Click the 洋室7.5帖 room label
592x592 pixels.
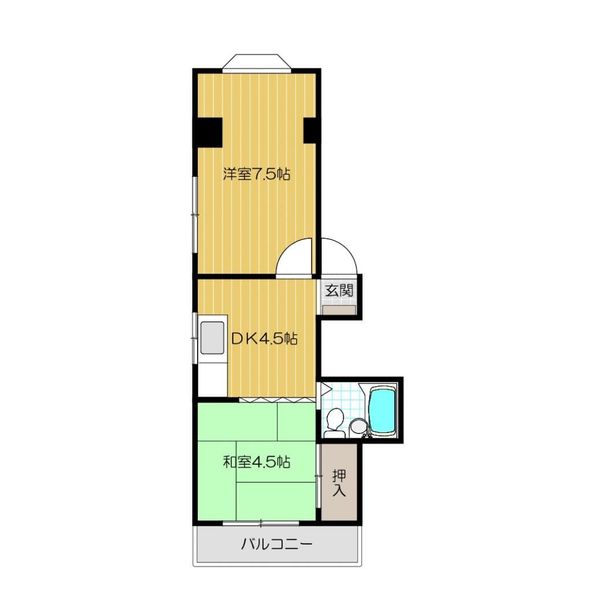pos(256,173)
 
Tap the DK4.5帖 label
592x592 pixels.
pos(264,339)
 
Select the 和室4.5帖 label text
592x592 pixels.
pos(256,462)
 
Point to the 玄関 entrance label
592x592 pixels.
pos(338,291)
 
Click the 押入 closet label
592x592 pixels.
pos(339,483)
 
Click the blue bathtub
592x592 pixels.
pos(381,410)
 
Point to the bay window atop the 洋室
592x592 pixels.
pos(256,62)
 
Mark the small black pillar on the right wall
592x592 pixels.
pos(310,130)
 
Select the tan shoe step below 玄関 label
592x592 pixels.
pos(339,310)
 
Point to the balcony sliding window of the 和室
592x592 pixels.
pos(261,523)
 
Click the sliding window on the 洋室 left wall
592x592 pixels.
pos(195,214)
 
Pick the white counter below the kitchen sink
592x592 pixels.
pos(212,379)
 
